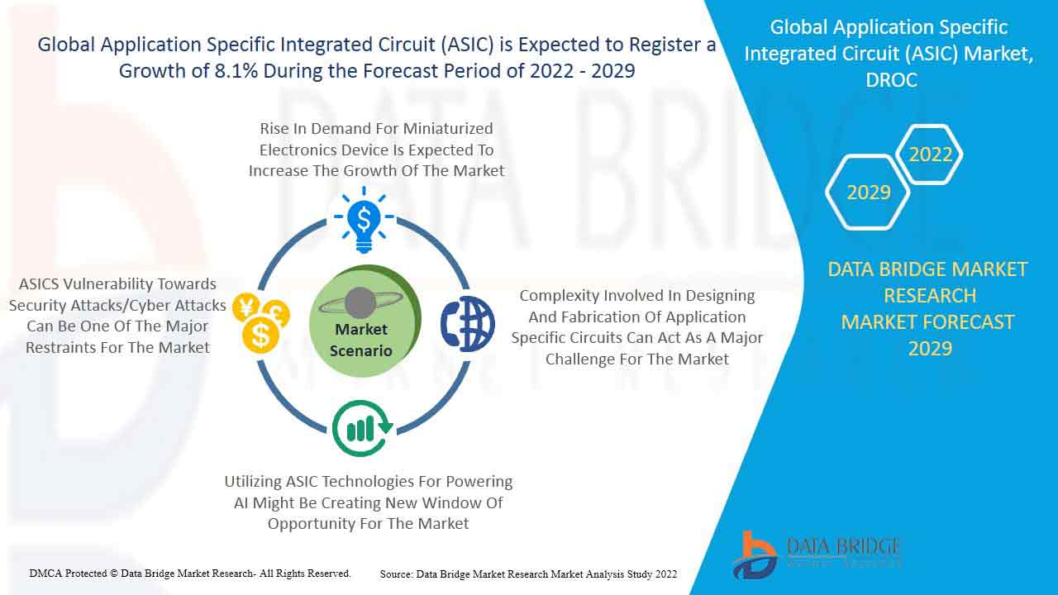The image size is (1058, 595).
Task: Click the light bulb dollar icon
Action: [364, 220]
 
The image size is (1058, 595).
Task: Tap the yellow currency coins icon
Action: [261, 323]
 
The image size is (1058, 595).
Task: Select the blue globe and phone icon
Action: [468, 324]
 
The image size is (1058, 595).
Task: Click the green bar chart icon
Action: [362, 428]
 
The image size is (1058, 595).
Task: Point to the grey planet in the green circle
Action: [360, 302]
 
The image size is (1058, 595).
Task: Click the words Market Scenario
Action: [361, 340]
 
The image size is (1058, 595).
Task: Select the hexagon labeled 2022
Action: [930, 155]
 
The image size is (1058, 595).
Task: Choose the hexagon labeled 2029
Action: [868, 193]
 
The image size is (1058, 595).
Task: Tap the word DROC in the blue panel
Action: [891, 80]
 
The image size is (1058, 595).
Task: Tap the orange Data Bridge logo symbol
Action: [755, 555]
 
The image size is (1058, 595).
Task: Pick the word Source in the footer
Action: [396, 574]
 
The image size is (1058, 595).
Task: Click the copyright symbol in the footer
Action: [114, 574]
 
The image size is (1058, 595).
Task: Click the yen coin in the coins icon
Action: [246, 307]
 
